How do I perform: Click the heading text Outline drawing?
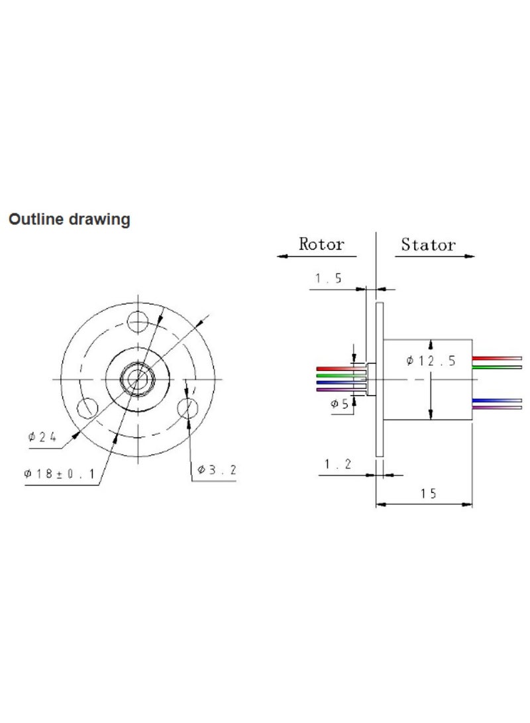69,219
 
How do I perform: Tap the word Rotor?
321,244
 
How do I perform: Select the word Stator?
428,245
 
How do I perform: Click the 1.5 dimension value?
328,279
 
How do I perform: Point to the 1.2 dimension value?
337,465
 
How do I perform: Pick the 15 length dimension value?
428,494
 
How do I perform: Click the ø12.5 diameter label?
431,361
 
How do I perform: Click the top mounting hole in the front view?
138,323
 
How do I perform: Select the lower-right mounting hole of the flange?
188,406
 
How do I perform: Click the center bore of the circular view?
138,378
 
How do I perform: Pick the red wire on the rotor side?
337,368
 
